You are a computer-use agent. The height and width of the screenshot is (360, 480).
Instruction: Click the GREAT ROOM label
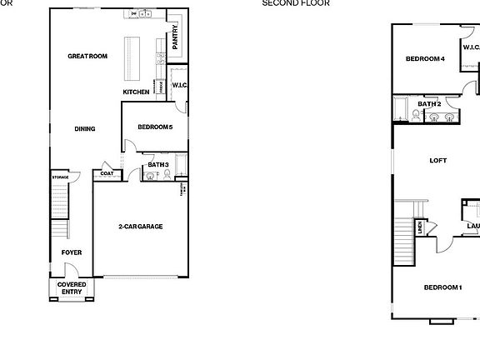tap(87, 57)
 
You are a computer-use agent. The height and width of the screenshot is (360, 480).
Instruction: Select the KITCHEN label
tap(136, 92)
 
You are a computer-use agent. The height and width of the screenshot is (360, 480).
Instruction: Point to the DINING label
tap(85, 129)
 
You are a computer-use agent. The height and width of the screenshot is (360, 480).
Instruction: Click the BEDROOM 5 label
tap(155, 127)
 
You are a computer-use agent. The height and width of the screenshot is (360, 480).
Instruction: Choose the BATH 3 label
tap(158, 165)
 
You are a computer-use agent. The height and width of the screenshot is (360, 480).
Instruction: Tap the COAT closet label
tap(107, 174)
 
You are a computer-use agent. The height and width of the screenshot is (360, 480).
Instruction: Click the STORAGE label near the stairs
tap(60, 177)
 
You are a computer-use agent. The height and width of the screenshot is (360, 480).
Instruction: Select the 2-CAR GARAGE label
tap(140, 227)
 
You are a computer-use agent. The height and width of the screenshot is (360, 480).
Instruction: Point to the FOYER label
tap(72, 252)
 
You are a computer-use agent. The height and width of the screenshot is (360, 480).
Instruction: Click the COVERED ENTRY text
tap(72, 288)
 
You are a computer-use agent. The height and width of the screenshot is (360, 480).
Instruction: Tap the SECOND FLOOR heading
tap(296, 3)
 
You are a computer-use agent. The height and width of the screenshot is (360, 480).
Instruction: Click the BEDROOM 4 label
tap(425, 59)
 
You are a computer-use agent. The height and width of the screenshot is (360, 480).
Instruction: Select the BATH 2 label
tap(429, 103)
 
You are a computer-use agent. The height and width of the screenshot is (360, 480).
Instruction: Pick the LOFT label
tap(438, 160)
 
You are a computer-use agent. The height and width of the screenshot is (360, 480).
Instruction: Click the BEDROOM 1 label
tap(442, 287)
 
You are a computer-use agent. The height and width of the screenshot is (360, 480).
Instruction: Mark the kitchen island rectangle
tap(133, 56)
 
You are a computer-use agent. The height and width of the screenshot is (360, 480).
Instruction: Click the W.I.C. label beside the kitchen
tap(179, 85)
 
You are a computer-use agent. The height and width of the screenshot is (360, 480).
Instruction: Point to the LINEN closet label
tap(421, 226)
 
